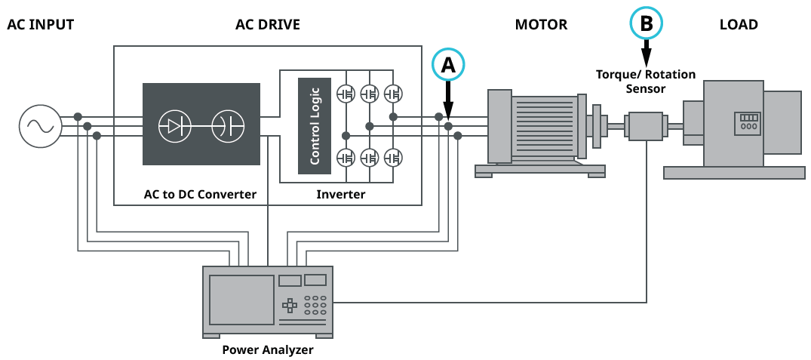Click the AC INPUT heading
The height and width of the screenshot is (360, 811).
(41, 25)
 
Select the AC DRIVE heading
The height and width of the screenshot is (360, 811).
(268, 25)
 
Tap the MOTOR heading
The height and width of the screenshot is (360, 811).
(541, 25)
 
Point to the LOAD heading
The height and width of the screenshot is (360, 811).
(739, 25)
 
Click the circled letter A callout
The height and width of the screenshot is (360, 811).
(448, 65)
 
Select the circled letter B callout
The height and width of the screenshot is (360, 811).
(647, 23)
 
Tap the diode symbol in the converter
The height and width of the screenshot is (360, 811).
(174, 126)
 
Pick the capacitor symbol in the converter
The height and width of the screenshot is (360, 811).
(227, 126)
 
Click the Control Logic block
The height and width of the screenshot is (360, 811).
(315, 126)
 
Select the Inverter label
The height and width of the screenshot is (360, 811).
(340, 195)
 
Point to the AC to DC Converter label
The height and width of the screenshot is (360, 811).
(200, 195)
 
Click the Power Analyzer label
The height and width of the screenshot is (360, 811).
(268, 350)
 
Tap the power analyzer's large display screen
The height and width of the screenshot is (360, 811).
(241, 300)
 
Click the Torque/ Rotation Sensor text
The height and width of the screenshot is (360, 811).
(646, 82)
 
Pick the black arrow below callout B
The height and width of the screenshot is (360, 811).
(647, 53)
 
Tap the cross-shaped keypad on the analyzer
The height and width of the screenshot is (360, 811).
(290, 306)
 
